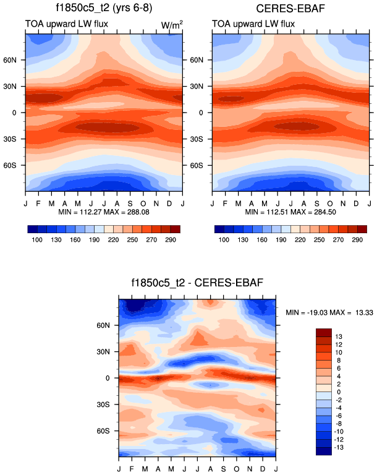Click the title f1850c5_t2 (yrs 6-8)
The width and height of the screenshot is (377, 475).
(x=104, y=9)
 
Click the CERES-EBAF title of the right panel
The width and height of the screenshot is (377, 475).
(x=290, y=9)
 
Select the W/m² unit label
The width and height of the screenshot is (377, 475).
(x=171, y=24)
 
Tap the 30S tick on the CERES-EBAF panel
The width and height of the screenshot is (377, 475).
(x=203, y=139)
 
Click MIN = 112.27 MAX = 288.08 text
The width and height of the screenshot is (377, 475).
(x=103, y=212)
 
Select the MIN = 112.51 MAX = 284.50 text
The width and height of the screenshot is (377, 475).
(x=290, y=212)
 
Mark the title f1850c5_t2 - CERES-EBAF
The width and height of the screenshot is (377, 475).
(x=196, y=283)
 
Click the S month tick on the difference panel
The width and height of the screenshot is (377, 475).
(x=223, y=463)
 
